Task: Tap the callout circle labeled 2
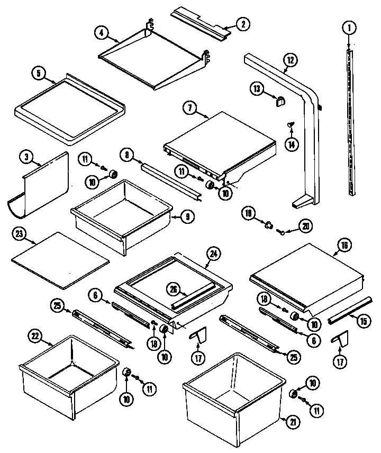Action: pyautogui.click(x=243, y=23)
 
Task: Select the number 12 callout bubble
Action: pyautogui.click(x=289, y=60)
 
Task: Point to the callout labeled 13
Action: pyautogui.click(x=256, y=89)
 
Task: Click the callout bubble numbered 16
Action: pyautogui.click(x=344, y=245)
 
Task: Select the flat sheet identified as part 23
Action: pyautogui.click(x=60, y=260)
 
